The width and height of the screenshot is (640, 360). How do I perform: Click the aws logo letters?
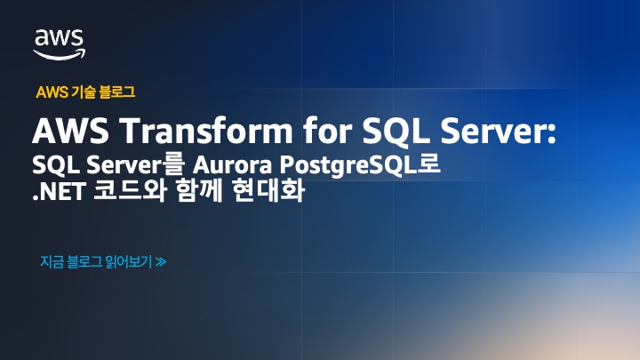click(60, 38)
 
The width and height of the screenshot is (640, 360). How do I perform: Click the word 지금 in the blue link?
click(52, 261)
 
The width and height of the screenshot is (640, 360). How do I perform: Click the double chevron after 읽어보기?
click(161, 261)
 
